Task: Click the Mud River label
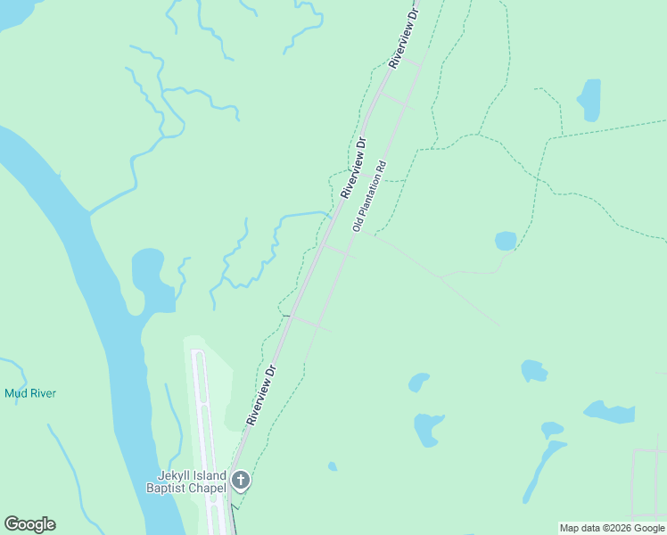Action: [x=32, y=393]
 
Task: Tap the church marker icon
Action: [x=240, y=481]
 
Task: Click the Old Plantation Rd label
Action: [x=368, y=196]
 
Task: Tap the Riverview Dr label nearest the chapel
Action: [x=264, y=393]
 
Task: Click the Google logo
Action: [x=29, y=524]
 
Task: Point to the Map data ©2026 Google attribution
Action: [x=612, y=528]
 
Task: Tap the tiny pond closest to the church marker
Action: [x=333, y=465]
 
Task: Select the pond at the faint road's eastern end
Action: [x=506, y=241]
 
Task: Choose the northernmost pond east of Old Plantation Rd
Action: [x=589, y=99]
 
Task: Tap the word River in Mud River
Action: [x=44, y=393]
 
